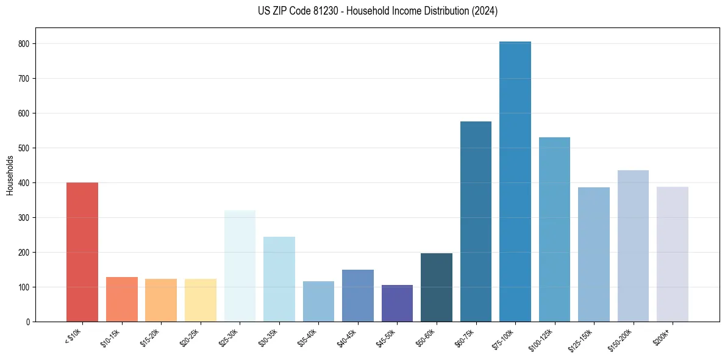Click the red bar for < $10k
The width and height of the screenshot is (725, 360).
(82, 252)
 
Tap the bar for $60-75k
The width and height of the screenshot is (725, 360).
(476, 221)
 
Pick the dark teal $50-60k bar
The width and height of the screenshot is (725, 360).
(436, 287)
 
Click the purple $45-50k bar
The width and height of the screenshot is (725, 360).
(397, 303)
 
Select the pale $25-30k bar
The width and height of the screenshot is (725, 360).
(240, 266)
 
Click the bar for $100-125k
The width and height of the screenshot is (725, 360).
(554, 229)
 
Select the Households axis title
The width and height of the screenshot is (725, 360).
(10, 175)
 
